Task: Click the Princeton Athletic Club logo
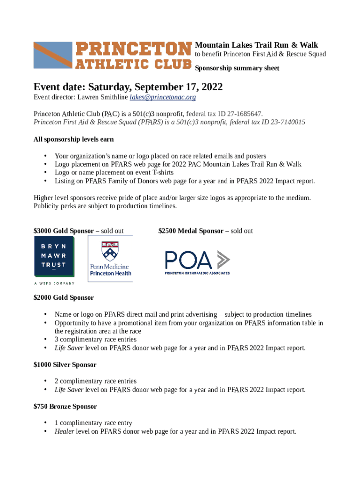[x=113, y=55]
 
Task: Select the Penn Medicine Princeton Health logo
[x=110, y=258]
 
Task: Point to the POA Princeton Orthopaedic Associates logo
[x=197, y=262]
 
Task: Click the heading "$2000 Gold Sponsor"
[x=64, y=298]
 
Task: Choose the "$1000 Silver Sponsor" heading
[x=65, y=365]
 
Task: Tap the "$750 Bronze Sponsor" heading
[x=65, y=406]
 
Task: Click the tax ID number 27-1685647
[x=241, y=114]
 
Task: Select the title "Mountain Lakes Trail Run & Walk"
[x=256, y=45]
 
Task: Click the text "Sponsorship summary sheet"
[x=237, y=68]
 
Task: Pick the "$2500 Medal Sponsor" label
[x=191, y=231]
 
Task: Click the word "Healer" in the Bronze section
[x=64, y=431]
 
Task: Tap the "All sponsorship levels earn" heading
[x=73, y=139]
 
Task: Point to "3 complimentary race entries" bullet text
[x=95, y=339]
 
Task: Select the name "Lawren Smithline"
[x=102, y=97]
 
